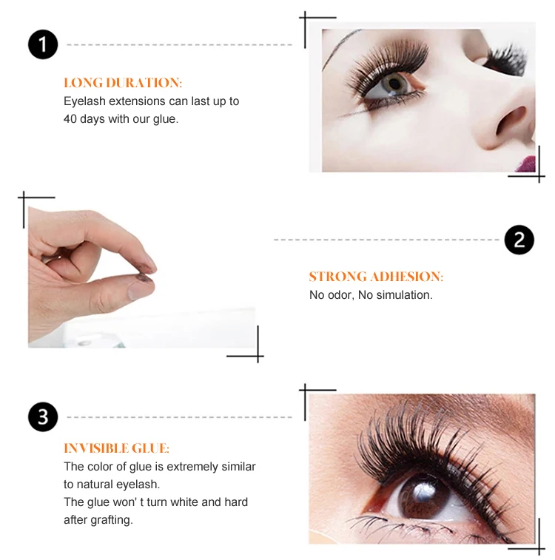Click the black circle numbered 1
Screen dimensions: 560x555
pyautogui.click(x=43, y=44)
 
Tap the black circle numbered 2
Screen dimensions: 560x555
pyautogui.click(x=519, y=240)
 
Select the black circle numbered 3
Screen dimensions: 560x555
pyautogui.click(x=43, y=417)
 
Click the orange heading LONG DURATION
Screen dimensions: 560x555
pyautogui.click(x=123, y=83)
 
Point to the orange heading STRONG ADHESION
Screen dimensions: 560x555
pyautogui.click(x=376, y=277)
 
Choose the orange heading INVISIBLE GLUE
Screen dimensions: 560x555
pyautogui.click(x=116, y=448)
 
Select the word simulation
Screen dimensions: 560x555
pyautogui.click(x=404, y=295)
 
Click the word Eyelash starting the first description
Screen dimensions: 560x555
pyautogui.click(x=84, y=101)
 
